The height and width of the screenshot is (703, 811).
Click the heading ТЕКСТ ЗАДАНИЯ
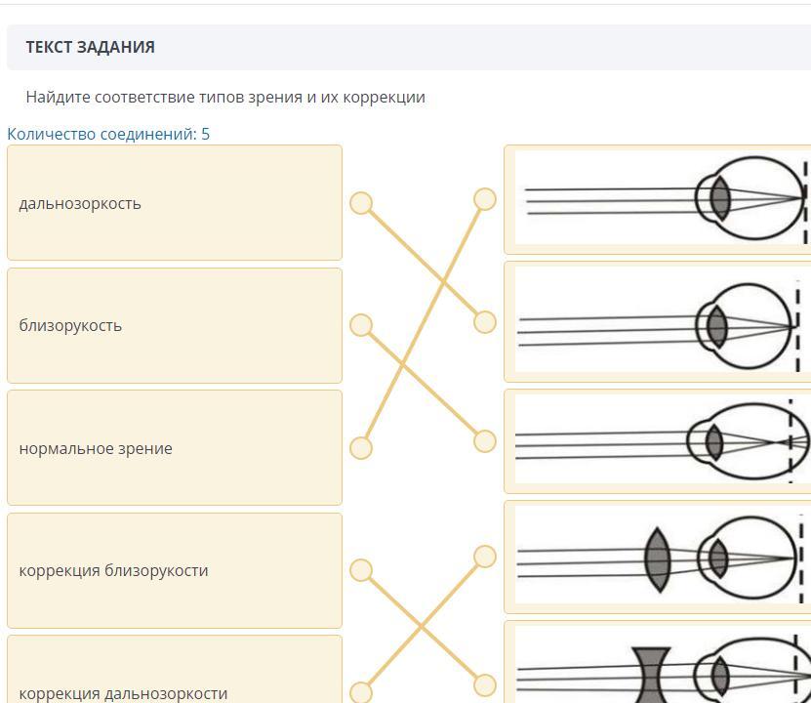(90, 47)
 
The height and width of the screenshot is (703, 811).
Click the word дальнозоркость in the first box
(80, 204)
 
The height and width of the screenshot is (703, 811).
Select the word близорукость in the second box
(70, 326)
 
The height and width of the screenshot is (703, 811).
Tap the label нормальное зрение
(96, 448)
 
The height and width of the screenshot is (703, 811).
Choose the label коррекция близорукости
(113, 570)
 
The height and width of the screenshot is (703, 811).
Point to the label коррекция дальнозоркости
(123, 693)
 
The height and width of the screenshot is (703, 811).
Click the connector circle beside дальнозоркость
(361, 203)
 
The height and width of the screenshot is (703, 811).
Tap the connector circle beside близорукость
(361, 325)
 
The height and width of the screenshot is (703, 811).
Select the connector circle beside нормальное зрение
(361, 448)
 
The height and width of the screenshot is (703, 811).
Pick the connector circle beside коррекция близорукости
(361, 570)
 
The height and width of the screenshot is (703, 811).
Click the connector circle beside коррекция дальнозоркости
(361, 692)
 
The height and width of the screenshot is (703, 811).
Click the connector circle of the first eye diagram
(485, 199)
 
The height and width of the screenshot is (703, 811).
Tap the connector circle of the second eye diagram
(485, 322)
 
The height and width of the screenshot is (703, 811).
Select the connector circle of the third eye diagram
(485, 441)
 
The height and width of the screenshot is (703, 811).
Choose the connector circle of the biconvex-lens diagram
(485, 557)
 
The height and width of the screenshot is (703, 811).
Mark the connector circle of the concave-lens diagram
(485, 684)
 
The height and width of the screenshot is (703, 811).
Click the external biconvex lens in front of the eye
(658, 559)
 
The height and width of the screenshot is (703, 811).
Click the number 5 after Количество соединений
(205, 134)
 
